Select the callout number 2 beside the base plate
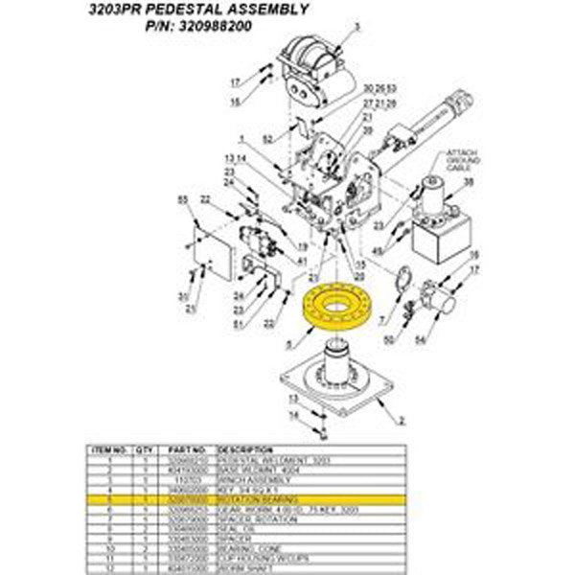402,420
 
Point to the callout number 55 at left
183,197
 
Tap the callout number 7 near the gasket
382,318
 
